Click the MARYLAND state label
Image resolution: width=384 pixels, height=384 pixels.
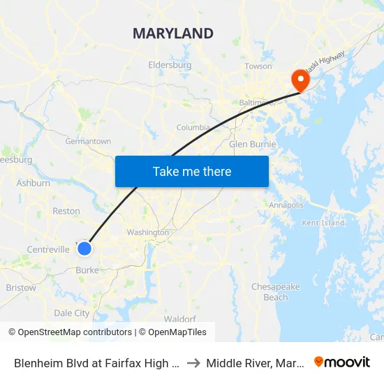point(172,34)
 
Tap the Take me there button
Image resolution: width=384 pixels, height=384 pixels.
point(192,172)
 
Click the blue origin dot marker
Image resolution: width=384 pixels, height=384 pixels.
point(84,248)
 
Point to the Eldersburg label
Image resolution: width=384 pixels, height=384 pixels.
point(170,65)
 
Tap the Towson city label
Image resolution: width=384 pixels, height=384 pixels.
point(258,66)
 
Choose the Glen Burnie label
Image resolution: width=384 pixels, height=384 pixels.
point(253,145)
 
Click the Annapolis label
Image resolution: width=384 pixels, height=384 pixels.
point(286,205)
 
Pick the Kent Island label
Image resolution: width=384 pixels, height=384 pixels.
point(323,223)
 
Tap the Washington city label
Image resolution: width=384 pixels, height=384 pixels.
point(147,232)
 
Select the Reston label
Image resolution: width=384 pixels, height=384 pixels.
point(66,211)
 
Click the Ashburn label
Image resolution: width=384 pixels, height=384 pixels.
point(33,184)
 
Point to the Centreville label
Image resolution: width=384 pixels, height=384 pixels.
point(48,249)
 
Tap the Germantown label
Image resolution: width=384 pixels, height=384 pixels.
point(88,141)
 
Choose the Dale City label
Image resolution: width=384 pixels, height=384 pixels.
point(72,313)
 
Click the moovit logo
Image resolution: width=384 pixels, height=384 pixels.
point(342,362)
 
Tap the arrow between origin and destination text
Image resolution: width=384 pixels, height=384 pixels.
point(194,362)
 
